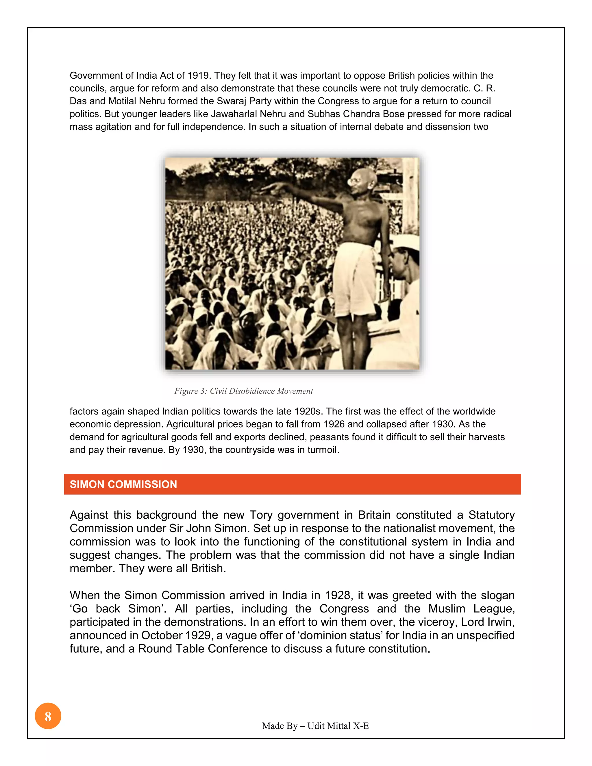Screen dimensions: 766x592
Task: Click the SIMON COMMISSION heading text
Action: (123, 484)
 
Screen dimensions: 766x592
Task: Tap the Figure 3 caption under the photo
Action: (243, 391)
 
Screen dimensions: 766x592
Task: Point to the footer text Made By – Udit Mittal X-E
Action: (315, 726)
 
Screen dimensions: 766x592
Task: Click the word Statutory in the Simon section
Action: (491, 515)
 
